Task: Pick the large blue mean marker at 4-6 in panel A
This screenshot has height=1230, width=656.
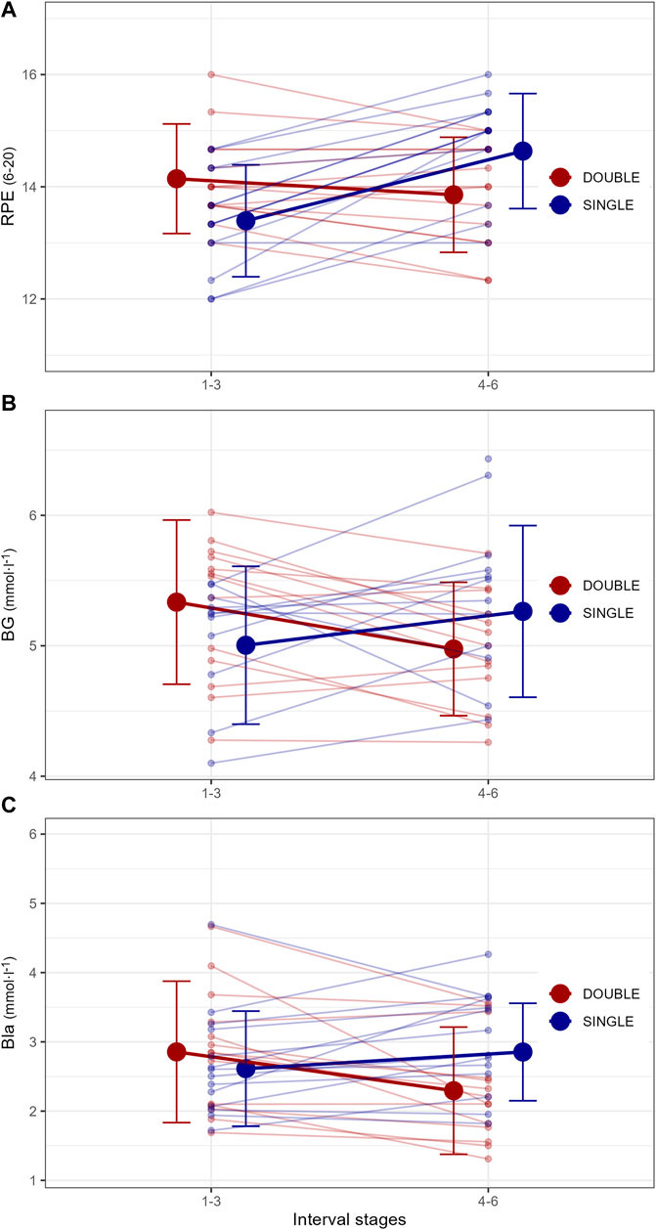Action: coord(523,151)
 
